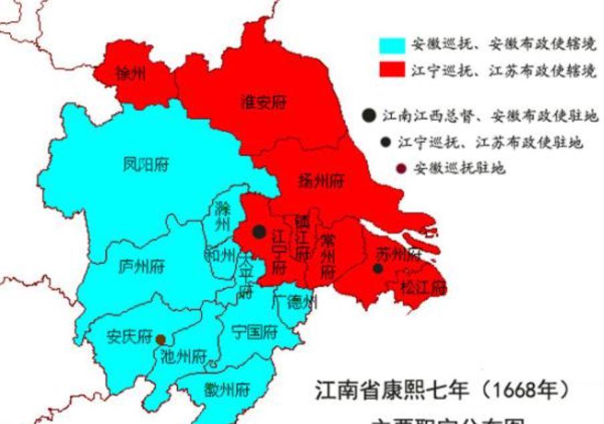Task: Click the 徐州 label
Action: pos(130,73)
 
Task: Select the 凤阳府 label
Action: pos(145,164)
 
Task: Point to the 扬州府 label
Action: pos(321,180)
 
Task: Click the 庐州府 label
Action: pos(140,266)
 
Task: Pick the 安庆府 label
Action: pos(130,336)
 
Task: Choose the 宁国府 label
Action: pos(254,331)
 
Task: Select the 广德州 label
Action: pos(294,302)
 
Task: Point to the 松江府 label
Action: pos(424,288)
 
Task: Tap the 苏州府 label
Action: pos(399,254)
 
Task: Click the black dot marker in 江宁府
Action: pos(259,232)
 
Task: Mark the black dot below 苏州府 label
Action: pos(378,268)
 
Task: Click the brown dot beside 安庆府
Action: pos(160,339)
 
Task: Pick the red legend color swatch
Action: pos(392,69)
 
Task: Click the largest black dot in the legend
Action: pos(369,115)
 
